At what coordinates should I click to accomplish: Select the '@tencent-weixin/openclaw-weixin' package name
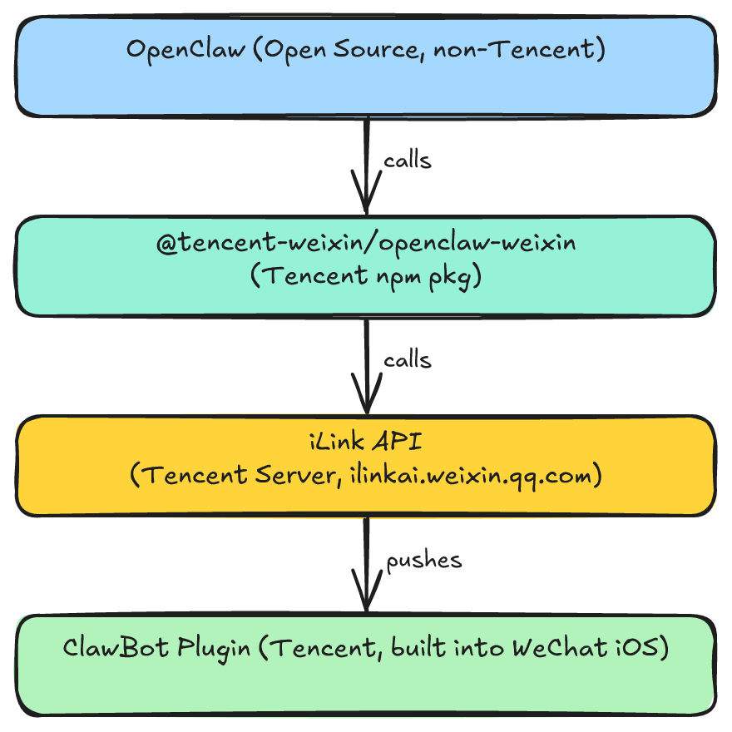click(x=366, y=245)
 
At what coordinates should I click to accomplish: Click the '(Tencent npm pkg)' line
click(x=366, y=277)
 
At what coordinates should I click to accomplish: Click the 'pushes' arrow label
click(x=424, y=560)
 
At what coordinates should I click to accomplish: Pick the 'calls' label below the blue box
click(x=408, y=161)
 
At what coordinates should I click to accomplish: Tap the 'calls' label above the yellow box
click(x=408, y=360)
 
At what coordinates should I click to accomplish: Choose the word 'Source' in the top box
click(x=372, y=50)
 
